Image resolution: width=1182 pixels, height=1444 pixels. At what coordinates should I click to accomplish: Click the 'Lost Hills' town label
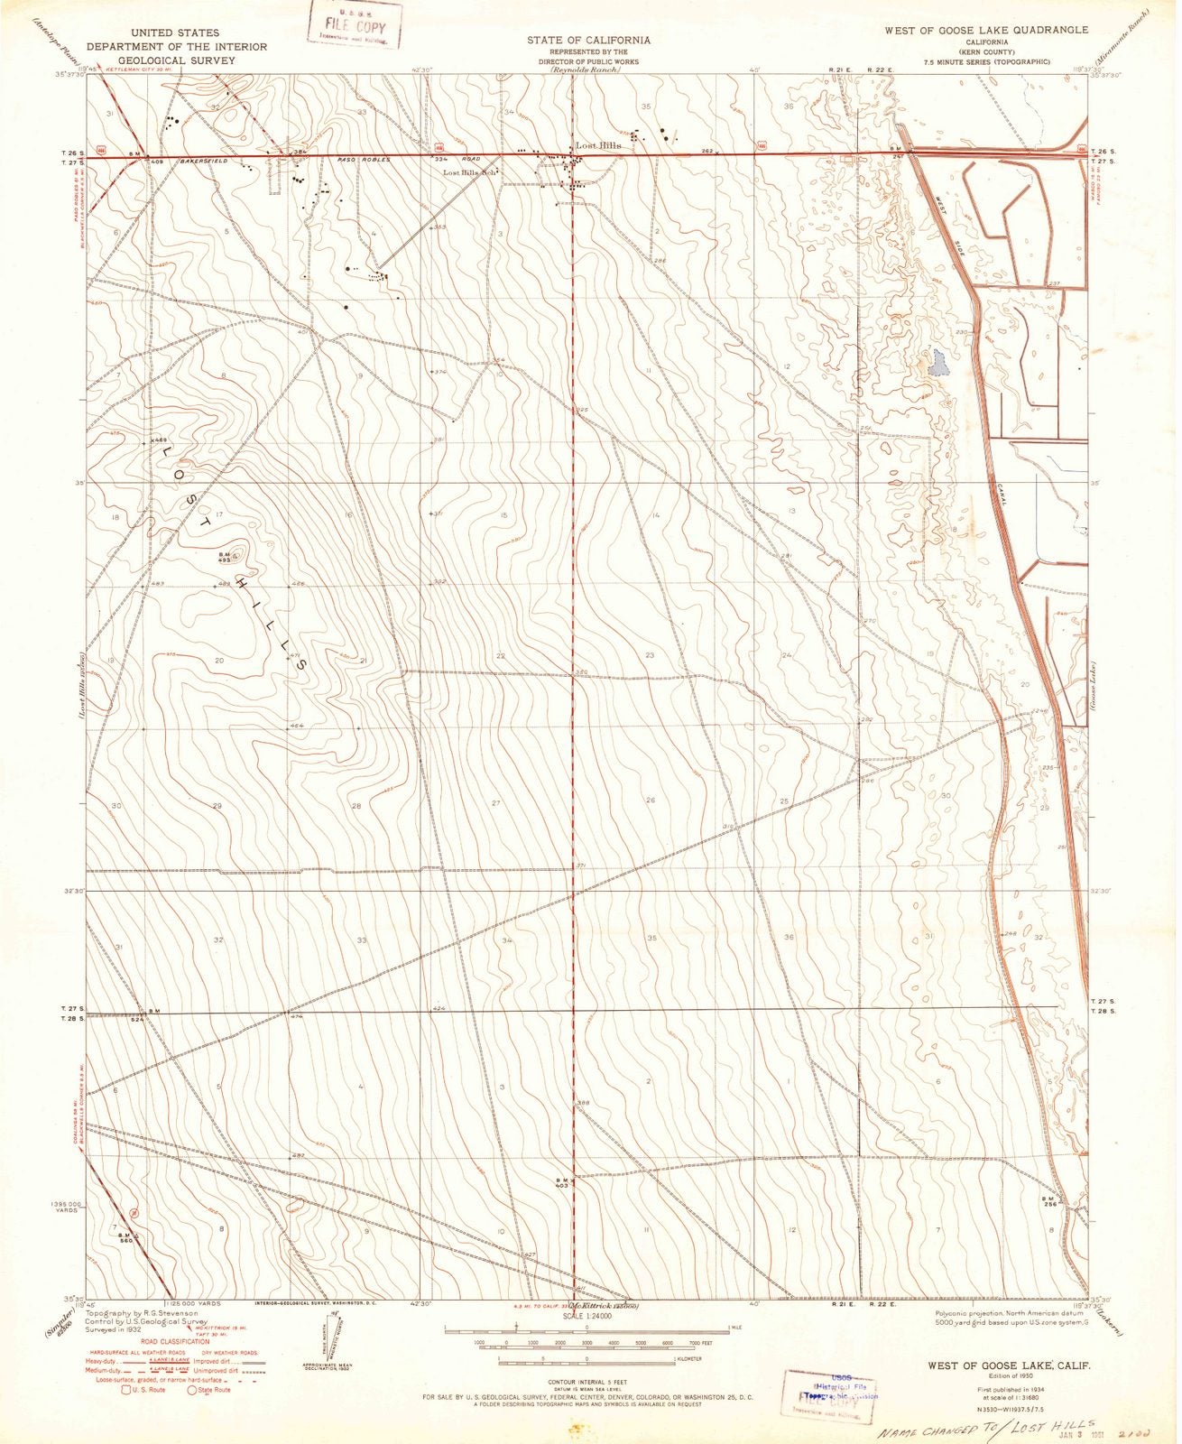pyautogui.click(x=599, y=145)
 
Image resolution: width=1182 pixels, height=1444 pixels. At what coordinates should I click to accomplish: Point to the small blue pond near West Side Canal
pyautogui.click(x=937, y=364)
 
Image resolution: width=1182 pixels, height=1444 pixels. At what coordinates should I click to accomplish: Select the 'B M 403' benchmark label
pyautogui.click(x=560, y=1183)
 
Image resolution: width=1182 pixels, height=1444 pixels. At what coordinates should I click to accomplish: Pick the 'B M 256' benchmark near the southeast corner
pyautogui.click(x=1048, y=1200)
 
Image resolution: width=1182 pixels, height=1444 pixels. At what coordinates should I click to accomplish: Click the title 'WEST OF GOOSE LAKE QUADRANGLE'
pyautogui.click(x=986, y=30)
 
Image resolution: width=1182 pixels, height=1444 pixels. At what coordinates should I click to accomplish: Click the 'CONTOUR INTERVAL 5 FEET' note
pyautogui.click(x=587, y=1382)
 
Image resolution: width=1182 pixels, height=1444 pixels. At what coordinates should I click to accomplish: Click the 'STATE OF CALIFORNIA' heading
pyautogui.click(x=588, y=41)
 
